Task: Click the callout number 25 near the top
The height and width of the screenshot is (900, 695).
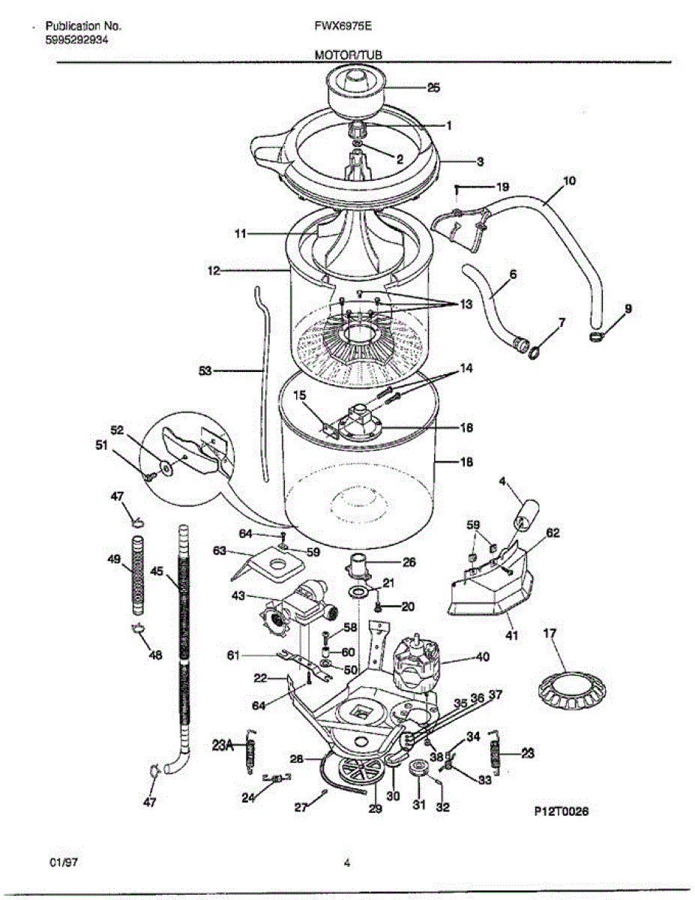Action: pyautogui.click(x=433, y=88)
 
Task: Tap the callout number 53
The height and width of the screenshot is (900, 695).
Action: pyautogui.click(x=205, y=370)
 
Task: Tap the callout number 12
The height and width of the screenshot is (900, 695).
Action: pyautogui.click(x=214, y=270)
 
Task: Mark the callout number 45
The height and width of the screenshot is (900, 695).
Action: pyautogui.click(x=157, y=571)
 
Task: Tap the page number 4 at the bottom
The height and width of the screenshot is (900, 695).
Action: pyautogui.click(x=347, y=863)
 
